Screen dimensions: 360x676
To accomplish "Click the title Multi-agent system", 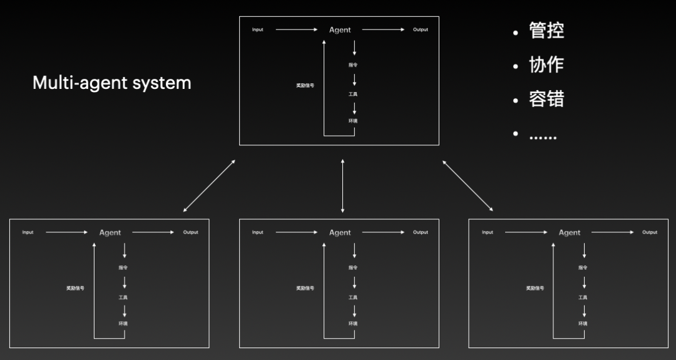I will point(111,83).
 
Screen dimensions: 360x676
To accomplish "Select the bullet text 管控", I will point(546,31).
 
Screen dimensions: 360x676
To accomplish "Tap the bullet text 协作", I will point(546,64).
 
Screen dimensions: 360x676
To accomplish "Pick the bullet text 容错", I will point(546,99).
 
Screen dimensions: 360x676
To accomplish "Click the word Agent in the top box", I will point(340,30).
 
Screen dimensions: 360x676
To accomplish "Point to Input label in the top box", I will point(258,30).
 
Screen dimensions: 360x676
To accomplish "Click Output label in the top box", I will point(421,30).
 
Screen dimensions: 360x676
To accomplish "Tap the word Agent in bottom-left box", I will point(110,233).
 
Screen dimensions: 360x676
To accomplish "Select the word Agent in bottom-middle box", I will point(340,233).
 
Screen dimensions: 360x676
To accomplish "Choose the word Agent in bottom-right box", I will point(570,233).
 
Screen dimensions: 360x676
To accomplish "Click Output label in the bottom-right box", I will point(650,232).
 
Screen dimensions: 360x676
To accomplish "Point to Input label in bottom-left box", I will point(28,232).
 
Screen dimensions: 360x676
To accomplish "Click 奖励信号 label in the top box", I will point(305,85).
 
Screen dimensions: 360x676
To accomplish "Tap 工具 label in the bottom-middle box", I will point(353,297).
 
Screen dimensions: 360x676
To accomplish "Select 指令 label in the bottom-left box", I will point(123,268).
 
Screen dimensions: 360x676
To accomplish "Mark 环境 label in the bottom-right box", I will point(583,324).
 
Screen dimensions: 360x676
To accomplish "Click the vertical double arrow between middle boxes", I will point(342,186).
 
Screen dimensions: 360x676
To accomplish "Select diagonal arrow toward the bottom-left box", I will point(209,186).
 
